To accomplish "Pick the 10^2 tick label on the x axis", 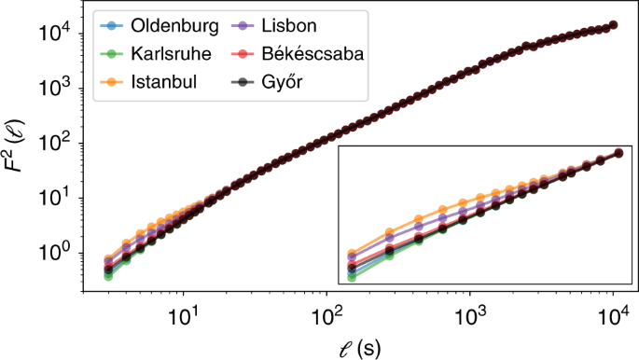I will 326,315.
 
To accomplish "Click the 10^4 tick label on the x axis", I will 613,315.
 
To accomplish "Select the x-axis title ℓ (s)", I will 358,346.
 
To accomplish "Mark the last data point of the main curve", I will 613,25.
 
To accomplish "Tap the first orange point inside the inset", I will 351,254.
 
